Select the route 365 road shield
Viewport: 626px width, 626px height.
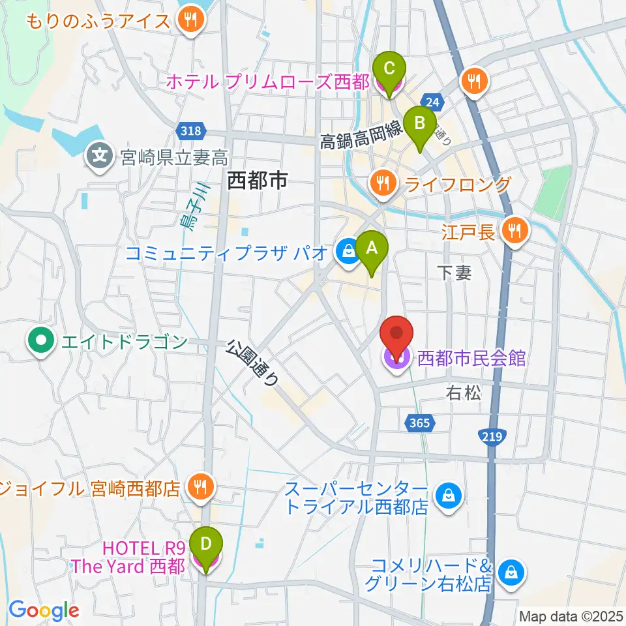[x=420, y=423]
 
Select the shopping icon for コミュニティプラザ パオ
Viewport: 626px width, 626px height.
[x=348, y=252]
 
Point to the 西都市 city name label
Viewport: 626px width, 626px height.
[x=257, y=181]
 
